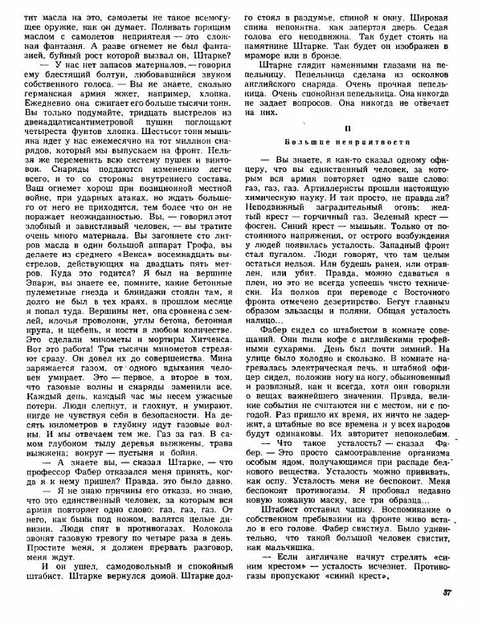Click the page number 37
[447, 615]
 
